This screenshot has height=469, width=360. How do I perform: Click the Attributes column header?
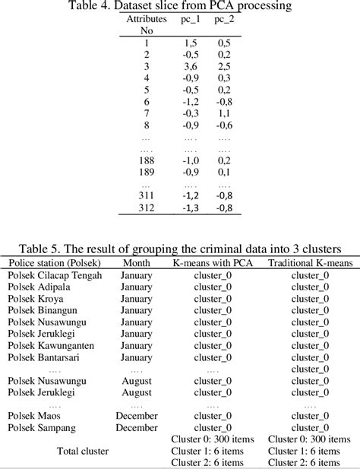pyautogui.click(x=146, y=17)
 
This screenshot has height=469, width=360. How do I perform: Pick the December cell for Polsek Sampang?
pyautogui.click(x=137, y=427)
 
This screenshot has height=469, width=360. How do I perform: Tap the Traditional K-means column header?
pyautogui.click(x=306, y=262)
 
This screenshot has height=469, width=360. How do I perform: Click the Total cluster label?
pyautogui.click(x=82, y=450)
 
